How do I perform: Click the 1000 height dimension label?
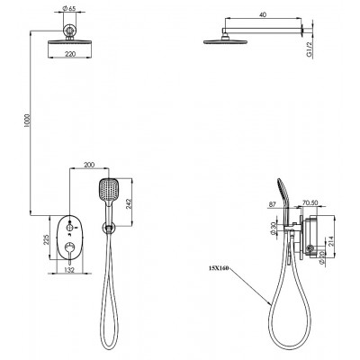tap(26, 121)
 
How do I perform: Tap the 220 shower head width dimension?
tap(70, 54)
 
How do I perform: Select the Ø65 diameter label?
tap(69, 9)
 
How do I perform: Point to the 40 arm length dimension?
tap(263, 14)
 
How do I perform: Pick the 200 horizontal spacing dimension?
tap(89, 165)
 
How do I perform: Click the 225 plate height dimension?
tap(46, 238)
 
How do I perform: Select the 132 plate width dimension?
tap(69, 270)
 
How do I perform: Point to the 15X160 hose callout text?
tap(219, 268)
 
